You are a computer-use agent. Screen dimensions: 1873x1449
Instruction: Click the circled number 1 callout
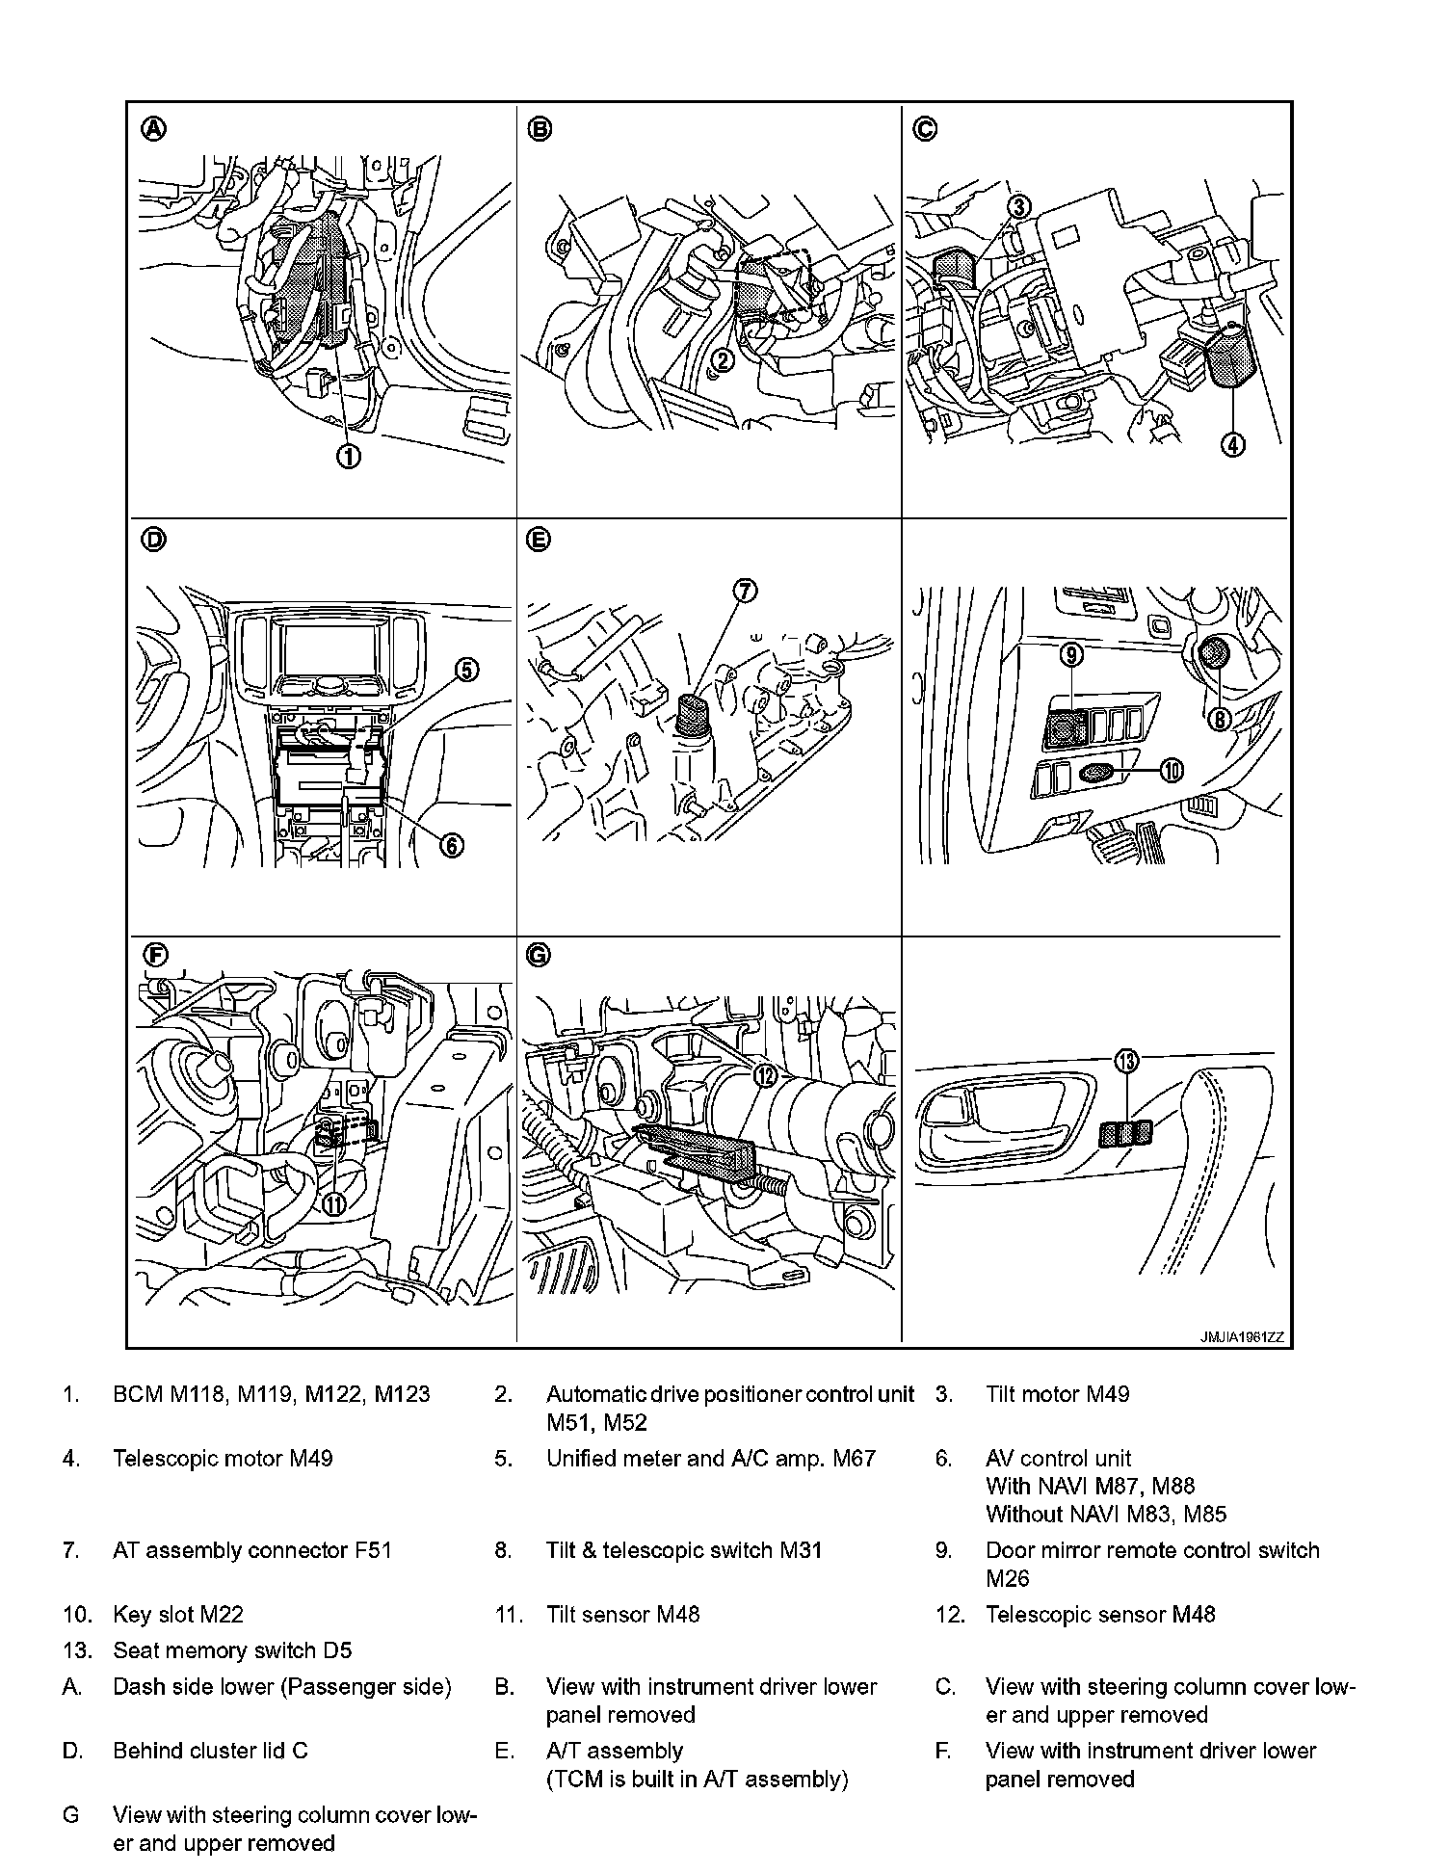[x=349, y=457]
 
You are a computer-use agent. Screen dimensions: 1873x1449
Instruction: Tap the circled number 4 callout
[x=1233, y=444]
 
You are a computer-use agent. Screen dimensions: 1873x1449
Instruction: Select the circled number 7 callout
[x=747, y=592]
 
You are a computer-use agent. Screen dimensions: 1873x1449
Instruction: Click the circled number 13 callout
[x=1126, y=1062]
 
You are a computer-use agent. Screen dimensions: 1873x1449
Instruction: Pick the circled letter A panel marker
[x=154, y=129]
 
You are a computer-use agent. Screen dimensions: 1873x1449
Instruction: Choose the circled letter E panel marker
[x=539, y=541]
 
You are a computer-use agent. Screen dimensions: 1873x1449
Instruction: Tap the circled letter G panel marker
[x=539, y=955]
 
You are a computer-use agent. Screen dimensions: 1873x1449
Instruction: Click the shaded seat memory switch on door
[x=1125, y=1134]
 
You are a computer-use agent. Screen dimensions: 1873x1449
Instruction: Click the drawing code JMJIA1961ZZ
[x=1241, y=1337]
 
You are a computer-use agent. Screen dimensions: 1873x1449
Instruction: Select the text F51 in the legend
[x=374, y=1550]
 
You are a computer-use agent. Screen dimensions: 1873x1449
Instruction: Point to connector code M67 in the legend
[x=849, y=1459]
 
